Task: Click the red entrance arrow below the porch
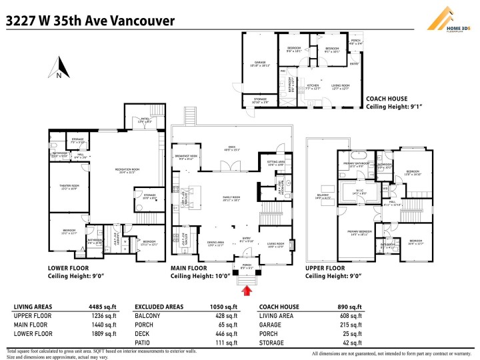(x=247, y=290)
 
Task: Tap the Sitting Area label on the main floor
(x=276, y=162)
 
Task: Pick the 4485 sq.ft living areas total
(x=100, y=307)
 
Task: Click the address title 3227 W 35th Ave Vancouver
(x=90, y=21)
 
